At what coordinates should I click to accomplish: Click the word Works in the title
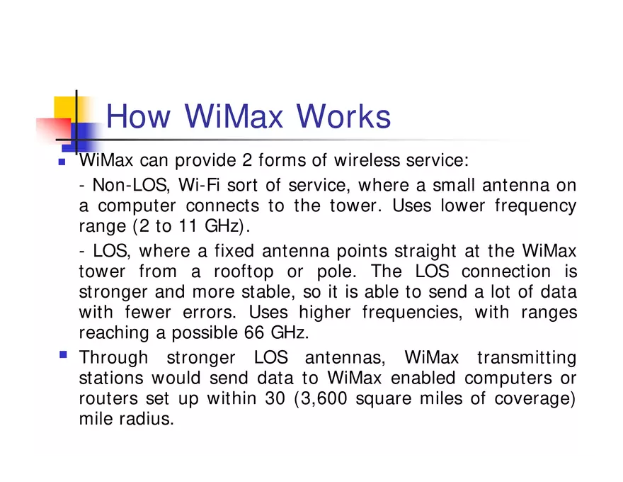[x=343, y=116]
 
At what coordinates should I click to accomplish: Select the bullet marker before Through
[x=62, y=353]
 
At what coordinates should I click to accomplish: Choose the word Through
[x=113, y=357]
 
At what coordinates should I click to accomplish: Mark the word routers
[x=104, y=398]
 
